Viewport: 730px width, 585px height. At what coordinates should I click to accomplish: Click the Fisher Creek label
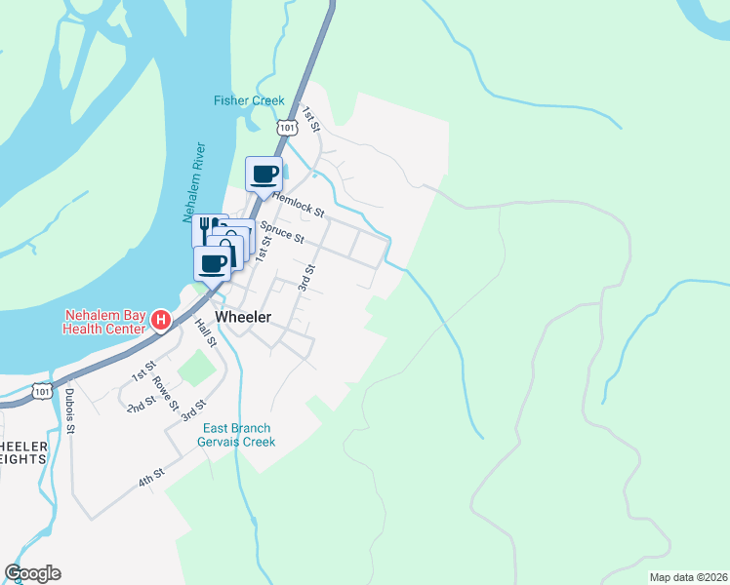[x=249, y=100]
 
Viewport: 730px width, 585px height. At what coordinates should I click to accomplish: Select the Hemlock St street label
[x=298, y=203]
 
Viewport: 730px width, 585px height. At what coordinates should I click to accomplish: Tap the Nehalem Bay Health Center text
[x=104, y=322]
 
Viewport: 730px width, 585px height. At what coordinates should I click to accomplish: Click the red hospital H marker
[x=162, y=320]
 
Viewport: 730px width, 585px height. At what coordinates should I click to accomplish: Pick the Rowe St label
[x=166, y=392]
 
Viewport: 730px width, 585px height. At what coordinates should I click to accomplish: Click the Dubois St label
[x=70, y=420]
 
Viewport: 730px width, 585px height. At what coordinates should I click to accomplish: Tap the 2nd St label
[x=142, y=403]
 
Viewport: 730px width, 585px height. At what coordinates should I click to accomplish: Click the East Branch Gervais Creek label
[x=239, y=435]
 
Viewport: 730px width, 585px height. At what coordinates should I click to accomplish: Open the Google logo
[x=32, y=573]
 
